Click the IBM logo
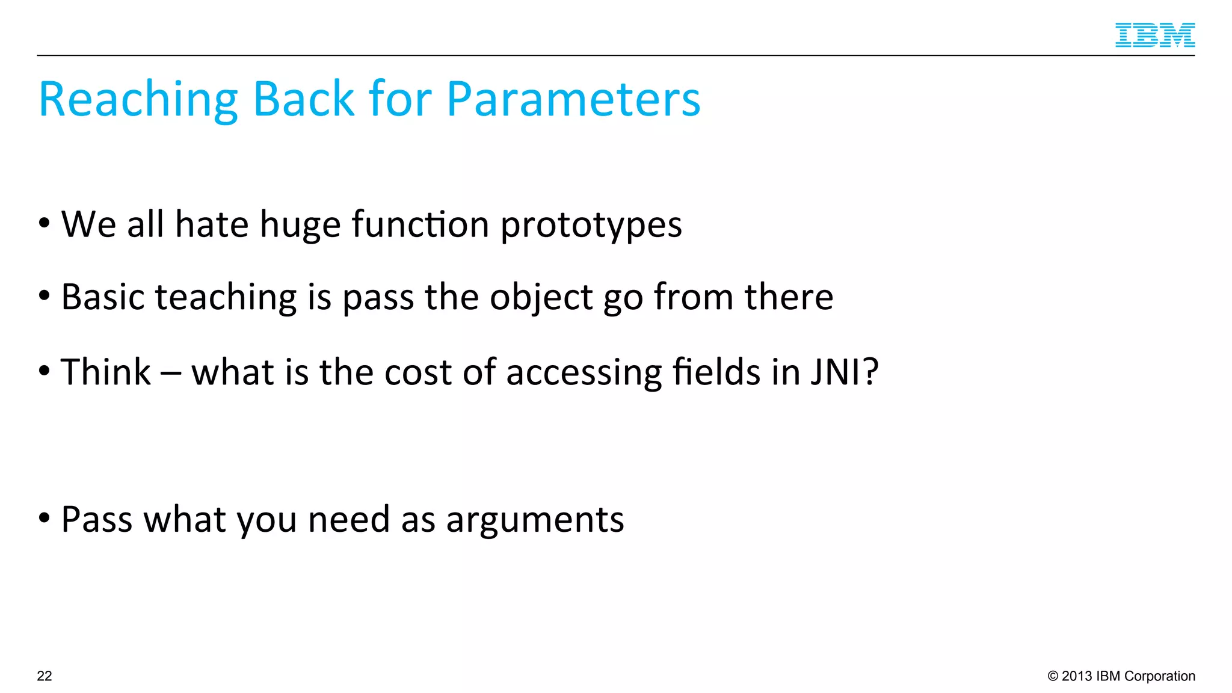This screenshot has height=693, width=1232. pyautogui.click(x=1154, y=35)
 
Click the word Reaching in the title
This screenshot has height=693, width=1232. pyautogui.click(x=138, y=99)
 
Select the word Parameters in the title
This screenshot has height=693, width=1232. pyautogui.click(x=573, y=99)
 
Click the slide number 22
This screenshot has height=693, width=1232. pyautogui.click(x=45, y=676)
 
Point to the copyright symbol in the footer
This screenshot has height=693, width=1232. pyautogui.click(x=1053, y=676)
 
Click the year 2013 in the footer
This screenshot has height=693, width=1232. pyautogui.click(x=1077, y=676)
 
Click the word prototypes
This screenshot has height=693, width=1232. pyautogui.click(x=591, y=226)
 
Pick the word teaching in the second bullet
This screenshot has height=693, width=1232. pyautogui.click(x=226, y=297)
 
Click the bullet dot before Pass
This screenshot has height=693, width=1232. pyautogui.click(x=44, y=517)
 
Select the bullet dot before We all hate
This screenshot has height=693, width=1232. pyautogui.click(x=44, y=223)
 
